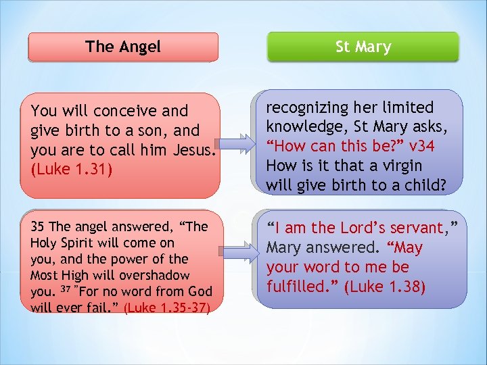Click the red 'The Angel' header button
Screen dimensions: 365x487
tap(123, 47)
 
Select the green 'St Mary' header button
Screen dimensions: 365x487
tap(363, 47)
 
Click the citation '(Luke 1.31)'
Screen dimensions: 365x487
tap(64, 168)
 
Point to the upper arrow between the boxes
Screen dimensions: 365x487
tap(241, 145)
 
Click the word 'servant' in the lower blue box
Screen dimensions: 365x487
tap(411, 228)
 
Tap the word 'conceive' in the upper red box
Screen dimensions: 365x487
tap(124, 110)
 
